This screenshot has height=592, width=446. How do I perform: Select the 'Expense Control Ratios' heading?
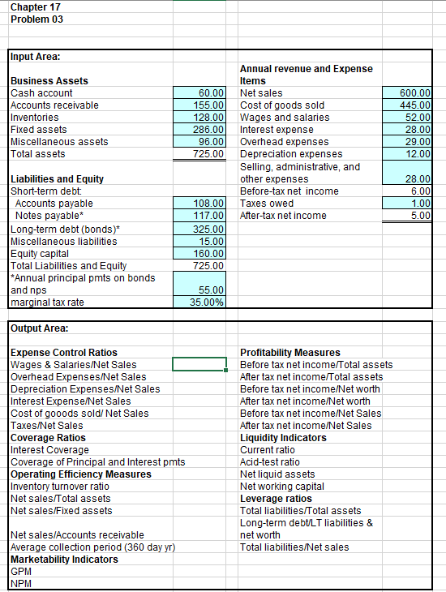64,352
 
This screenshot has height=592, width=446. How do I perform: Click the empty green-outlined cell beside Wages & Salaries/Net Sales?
199,364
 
